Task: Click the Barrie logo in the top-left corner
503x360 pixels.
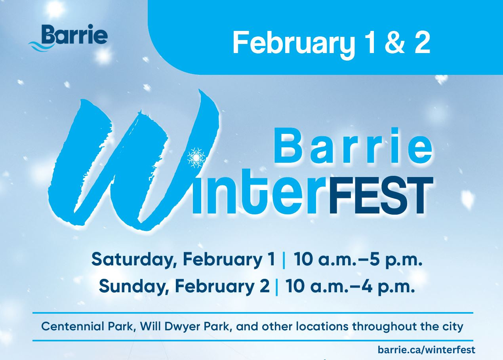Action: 68,38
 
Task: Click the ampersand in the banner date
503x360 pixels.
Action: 395,42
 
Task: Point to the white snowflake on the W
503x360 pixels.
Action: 196,158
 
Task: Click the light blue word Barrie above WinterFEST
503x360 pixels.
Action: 353,145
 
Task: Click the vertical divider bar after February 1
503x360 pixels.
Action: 284,261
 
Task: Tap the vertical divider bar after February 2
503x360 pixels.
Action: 276,287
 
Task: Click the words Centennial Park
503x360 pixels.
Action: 89,326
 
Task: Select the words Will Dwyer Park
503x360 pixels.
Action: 186,327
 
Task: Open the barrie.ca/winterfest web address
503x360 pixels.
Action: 427,350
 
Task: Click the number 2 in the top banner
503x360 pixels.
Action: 422,42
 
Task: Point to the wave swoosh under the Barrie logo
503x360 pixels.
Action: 41,46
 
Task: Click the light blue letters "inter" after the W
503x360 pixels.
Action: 260,192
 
